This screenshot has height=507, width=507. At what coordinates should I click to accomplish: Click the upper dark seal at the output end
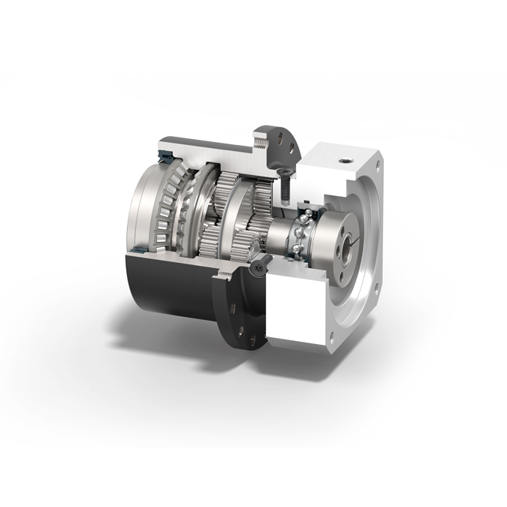coord(163,155)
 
